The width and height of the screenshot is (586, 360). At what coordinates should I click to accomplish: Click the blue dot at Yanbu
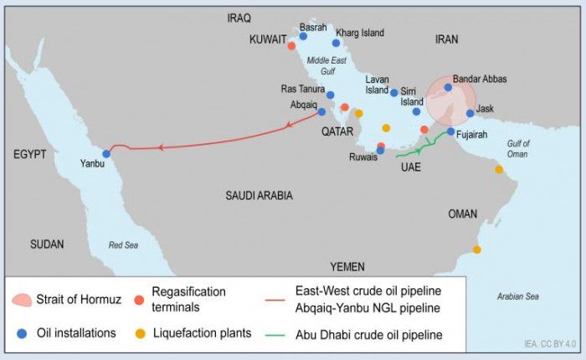point(106,153)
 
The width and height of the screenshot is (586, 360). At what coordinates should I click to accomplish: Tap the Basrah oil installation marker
point(303,36)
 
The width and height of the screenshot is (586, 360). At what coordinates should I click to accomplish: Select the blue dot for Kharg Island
point(336,43)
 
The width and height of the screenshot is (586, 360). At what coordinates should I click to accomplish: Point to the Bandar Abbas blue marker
point(448,87)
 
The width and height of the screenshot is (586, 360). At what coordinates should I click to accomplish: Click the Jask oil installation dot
point(470,114)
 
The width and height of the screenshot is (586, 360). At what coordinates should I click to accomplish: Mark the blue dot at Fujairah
point(450,131)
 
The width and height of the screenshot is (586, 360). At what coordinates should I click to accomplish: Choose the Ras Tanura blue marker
point(331,95)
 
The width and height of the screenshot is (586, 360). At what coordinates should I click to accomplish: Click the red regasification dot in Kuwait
point(291,45)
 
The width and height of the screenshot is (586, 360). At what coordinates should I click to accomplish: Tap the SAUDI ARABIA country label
point(259,195)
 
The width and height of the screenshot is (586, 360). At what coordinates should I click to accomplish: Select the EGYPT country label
point(29,155)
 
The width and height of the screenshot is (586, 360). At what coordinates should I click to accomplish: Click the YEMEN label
point(347,266)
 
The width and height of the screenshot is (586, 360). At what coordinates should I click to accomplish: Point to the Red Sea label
point(124,244)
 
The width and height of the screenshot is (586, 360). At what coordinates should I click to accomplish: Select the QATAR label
point(338,131)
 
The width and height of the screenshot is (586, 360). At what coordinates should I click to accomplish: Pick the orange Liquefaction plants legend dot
point(140,333)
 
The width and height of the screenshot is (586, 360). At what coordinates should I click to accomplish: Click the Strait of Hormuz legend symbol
point(23,299)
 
